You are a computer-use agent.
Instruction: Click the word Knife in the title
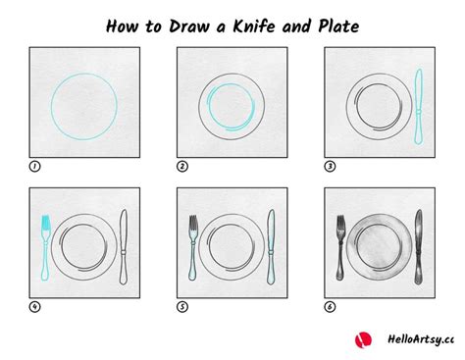click(x=254, y=26)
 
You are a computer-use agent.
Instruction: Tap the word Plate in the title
click(x=338, y=26)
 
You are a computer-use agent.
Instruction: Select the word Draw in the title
click(x=189, y=26)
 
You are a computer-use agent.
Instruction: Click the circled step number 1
click(x=34, y=167)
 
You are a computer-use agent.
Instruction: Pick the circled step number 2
click(x=182, y=167)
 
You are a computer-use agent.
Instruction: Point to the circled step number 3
click(x=330, y=167)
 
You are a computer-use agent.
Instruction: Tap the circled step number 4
click(x=34, y=307)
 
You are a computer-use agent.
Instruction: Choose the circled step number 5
click(x=182, y=307)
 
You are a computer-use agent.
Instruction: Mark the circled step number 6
click(x=330, y=307)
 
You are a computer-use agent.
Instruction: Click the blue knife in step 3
click(x=418, y=107)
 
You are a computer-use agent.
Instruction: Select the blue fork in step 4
click(x=45, y=248)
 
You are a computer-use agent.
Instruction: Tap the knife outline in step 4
click(x=124, y=247)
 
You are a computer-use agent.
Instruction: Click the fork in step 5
click(x=193, y=248)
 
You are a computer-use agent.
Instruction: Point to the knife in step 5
click(x=271, y=247)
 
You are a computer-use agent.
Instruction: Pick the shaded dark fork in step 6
click(x=340, y=248)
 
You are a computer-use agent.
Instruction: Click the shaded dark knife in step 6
click(x=418, y=247)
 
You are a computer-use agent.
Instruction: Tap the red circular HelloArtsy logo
click(x=363, y=339)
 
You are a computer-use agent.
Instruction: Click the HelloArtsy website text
click(x=421, y=339)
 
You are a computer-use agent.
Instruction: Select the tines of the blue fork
click(x=45, y=222)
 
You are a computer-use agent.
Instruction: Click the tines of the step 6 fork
click(x=340, y=222)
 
